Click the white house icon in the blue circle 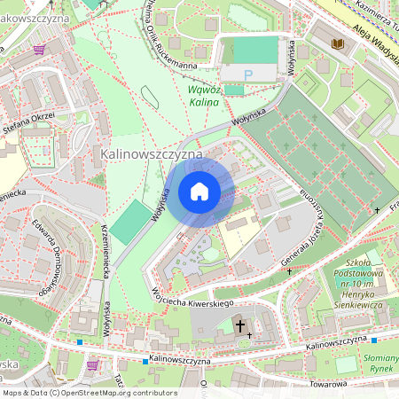199,192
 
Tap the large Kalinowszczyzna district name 152,154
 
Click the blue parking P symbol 248,76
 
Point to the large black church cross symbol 239,326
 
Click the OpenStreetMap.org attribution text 89,393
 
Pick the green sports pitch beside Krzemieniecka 131,223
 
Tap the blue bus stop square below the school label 373,340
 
